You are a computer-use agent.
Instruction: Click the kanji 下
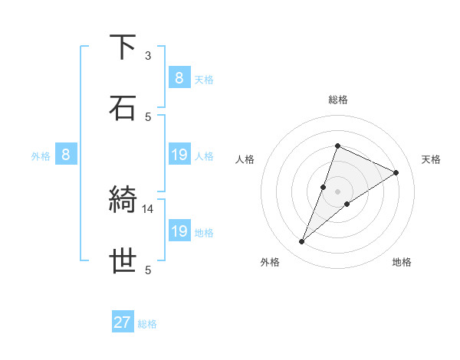(x=123, y=47)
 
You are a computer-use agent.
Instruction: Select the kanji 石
(x=123, y=107)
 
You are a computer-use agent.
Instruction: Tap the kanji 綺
(x=123, y=201)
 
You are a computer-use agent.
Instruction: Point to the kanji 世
(x=123, y=261)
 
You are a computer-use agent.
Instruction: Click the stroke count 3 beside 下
(x=148, y=56)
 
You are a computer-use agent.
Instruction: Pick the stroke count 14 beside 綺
(x=148, y=208)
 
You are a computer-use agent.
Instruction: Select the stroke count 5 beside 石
(x=148, y=116)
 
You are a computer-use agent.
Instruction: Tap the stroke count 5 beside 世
(x=148, y=270)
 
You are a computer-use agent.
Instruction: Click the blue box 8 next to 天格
(x=179, y=78)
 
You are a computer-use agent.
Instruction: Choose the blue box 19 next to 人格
(x=179, y=155)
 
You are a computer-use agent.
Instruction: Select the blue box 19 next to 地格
(x=179, y=232)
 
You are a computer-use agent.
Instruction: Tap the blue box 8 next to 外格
(x=65, y=155)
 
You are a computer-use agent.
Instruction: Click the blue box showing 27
(x=122, y=322)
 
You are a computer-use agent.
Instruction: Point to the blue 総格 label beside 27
(x=147, y=324)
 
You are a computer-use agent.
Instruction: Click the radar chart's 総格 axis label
(x=337, y=100)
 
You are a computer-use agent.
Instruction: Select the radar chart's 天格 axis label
(x=431, y=159)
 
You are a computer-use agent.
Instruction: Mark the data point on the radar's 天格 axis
(x=396, y=172)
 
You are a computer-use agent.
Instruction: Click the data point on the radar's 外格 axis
(x=302, y=242)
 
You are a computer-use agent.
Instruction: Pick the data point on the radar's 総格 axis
(x=337, y=146)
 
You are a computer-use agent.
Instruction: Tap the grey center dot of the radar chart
(x=337, y=191)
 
